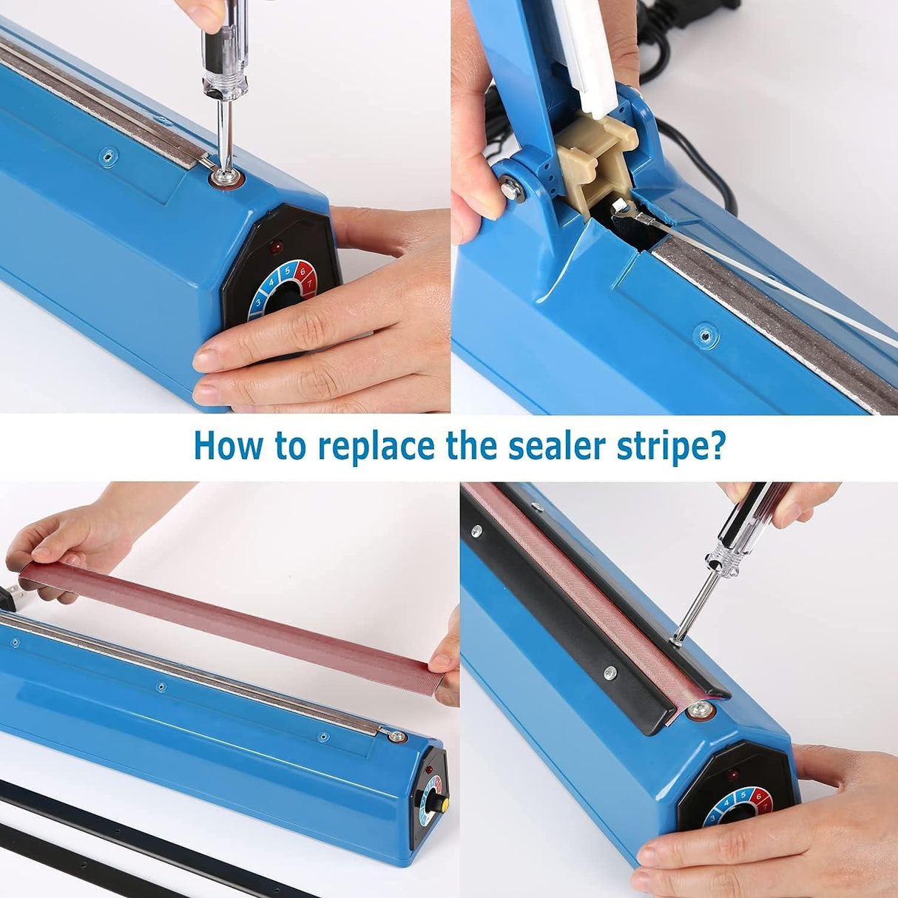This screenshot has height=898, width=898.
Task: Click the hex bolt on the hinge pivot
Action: (x=510, y=189)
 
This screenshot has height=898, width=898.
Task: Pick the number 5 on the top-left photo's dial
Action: (x=287, y=271)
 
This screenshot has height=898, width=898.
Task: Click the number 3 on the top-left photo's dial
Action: (x=258, y=302)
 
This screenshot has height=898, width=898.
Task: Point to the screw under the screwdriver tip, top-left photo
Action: (x=222, y=178)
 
